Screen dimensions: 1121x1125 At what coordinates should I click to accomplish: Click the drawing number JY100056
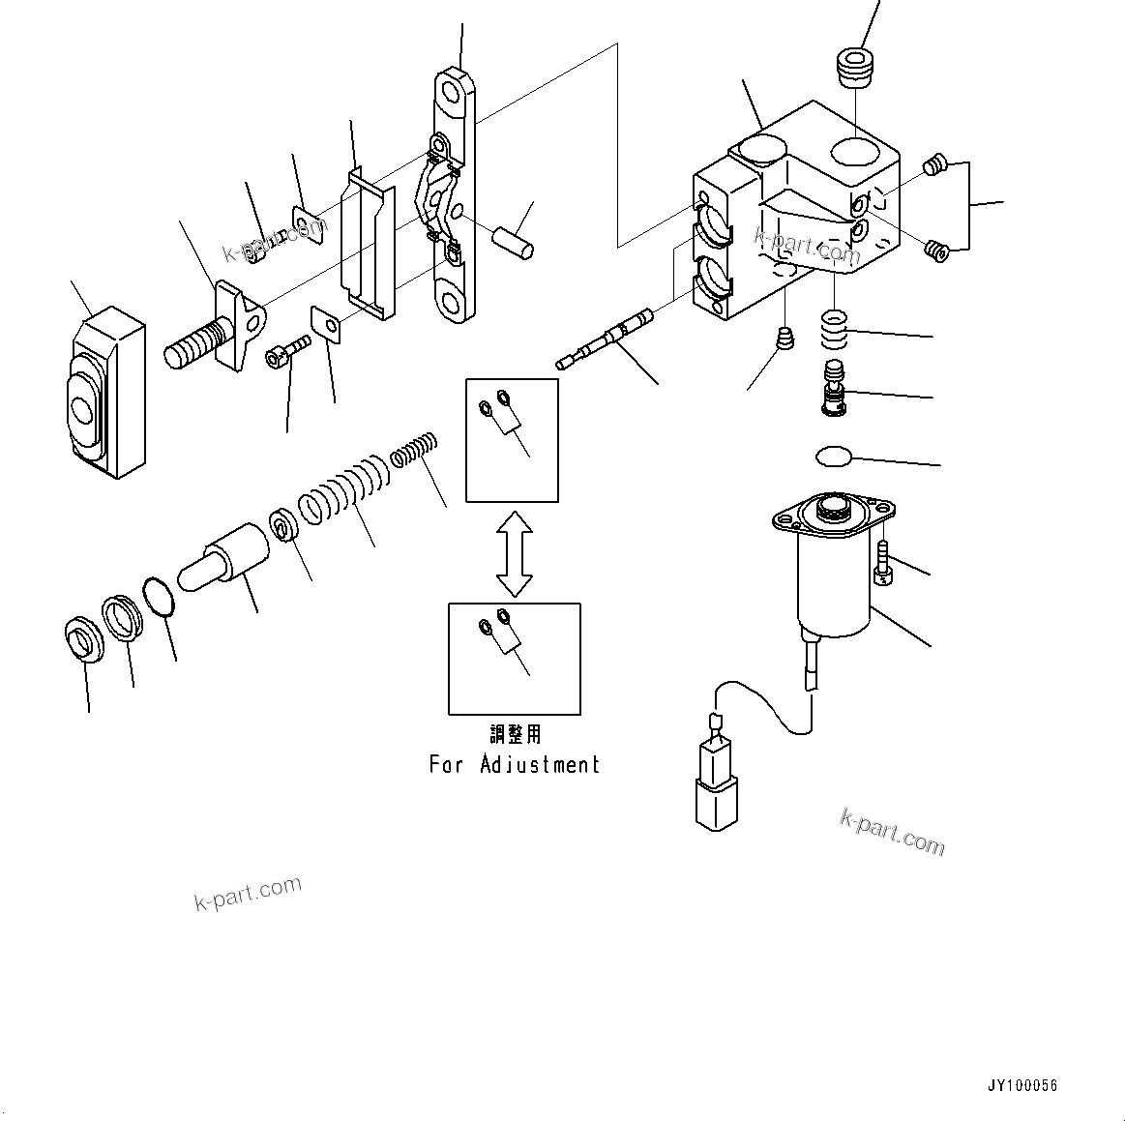point(1022,1085)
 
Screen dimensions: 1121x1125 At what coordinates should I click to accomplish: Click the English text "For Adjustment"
point(514,765)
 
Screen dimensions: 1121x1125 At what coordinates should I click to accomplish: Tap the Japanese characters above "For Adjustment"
point(515,734)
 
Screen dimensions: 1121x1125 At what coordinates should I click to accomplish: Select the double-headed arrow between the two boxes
point(514,553)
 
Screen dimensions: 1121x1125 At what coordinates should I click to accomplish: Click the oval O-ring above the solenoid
point(832,455)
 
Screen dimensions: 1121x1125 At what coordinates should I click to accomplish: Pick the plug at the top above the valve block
point(854,68)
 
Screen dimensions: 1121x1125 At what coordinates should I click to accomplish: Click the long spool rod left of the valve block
point(606,339)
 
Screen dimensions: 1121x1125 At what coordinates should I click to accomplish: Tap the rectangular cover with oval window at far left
point(102,393)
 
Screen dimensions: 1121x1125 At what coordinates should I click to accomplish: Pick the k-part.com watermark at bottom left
point(248,893)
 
